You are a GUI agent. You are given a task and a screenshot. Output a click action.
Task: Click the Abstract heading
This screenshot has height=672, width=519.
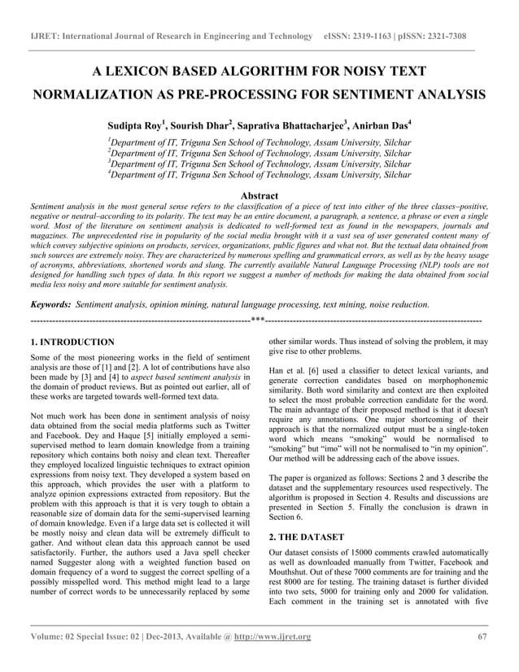pos(259,196)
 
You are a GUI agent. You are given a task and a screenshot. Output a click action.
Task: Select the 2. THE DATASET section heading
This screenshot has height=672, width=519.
pos(307,537)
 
